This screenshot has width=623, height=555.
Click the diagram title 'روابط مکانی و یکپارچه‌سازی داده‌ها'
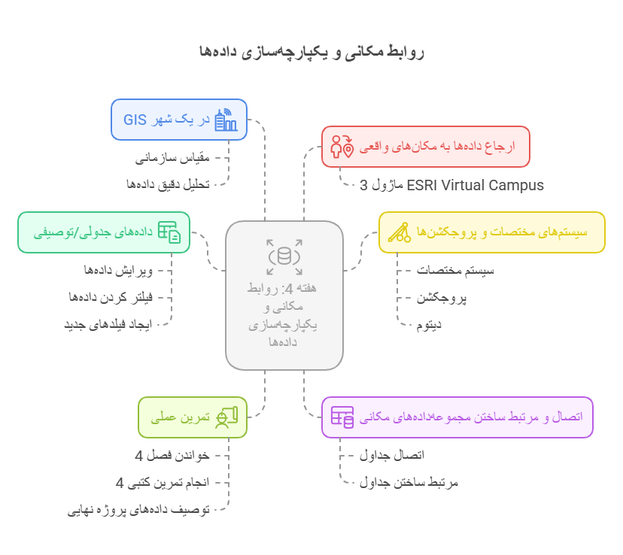(x=311, y=51)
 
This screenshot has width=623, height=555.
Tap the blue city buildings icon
(x=226, y=120)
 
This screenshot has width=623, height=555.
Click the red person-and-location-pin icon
(x=342, y=146)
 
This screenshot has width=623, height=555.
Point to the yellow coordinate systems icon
(x=399, y=232)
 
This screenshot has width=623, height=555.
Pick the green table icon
(x=169, y=232)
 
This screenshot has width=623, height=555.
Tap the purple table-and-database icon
(x=342, y=417)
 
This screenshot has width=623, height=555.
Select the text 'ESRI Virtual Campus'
(x=475, y=185)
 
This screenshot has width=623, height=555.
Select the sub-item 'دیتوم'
(x=430, y=325)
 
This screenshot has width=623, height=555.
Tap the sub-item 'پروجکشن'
(x=442, y=297)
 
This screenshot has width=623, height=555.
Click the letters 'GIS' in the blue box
(x=135, y=120)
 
